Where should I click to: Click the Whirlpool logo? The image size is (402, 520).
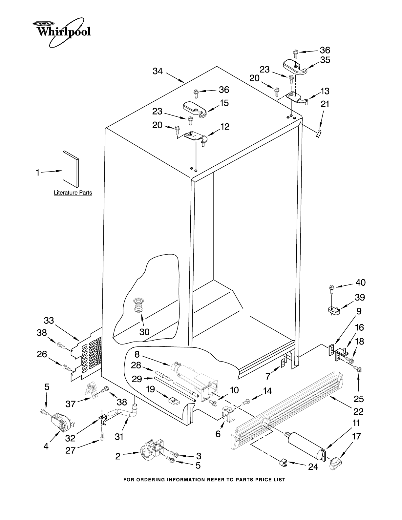pos(62,32)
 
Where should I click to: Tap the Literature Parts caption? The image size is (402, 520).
pos(73,193)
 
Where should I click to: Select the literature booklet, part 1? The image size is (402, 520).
pos(71,169)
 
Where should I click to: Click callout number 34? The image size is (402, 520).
pos(158,71)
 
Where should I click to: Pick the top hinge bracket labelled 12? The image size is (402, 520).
pos(195,137)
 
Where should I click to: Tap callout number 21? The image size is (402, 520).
pos(325,104)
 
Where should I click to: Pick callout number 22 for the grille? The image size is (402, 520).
pos(358,411)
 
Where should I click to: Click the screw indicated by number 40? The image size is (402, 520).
pos(332,290)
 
